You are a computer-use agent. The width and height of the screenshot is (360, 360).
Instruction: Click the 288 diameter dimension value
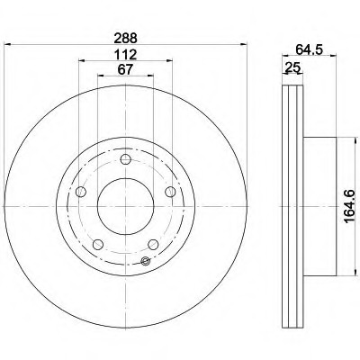[125, 39]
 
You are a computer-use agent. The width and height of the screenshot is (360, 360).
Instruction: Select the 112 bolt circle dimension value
[125, 55]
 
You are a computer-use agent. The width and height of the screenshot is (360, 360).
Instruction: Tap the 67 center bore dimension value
[125, 70]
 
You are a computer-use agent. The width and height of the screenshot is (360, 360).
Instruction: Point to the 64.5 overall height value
[309, 49]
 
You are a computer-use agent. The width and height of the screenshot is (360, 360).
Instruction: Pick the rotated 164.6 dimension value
[350, 206]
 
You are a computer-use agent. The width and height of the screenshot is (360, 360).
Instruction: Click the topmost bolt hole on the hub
[125, 159]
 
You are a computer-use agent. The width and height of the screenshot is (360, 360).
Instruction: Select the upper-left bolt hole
[81, 192]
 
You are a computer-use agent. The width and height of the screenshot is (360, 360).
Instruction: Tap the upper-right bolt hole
[170, 192]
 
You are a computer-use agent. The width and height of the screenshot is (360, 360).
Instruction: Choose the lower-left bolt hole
[98, 245]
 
